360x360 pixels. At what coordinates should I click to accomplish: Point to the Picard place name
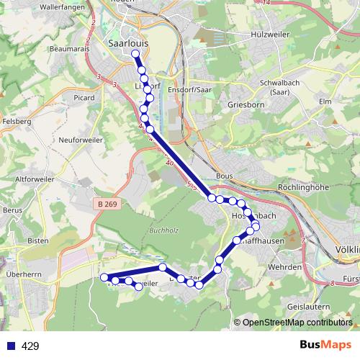(x=85, y=96)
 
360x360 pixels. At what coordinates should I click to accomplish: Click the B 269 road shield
(x=106, y=204)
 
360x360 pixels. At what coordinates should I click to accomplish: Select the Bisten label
(x=37, y=240)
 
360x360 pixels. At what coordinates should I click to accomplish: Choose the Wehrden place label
(x=285, y=267)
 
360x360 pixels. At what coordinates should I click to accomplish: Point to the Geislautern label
(x=308, y=305)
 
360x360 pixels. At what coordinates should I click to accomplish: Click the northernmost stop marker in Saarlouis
(x=135, y=54)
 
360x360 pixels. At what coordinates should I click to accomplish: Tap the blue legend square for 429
(x=9, y=346)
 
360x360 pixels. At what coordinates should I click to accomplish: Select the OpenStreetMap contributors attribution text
(x=297, y=323)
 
